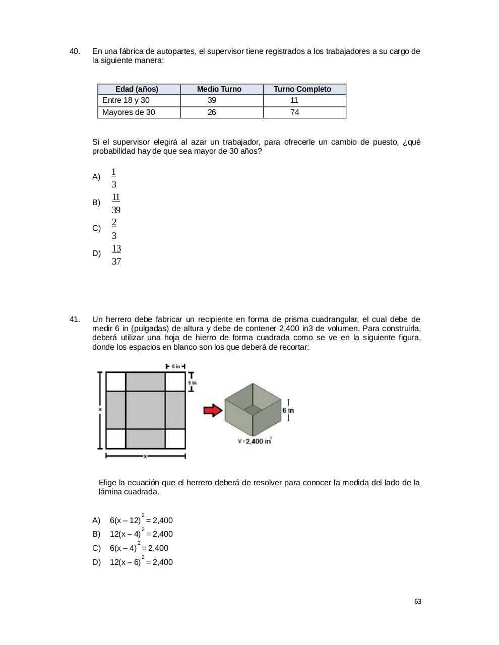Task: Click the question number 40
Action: (74, 51)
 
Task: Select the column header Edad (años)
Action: (137, 89)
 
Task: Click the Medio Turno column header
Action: (219, 89)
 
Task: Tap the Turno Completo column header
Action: (302, 89)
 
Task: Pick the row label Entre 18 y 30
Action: (126, 100)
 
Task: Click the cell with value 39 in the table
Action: (212, 100)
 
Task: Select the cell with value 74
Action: (294, 112)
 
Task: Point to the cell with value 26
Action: (212, 112)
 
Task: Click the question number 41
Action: (74, 319)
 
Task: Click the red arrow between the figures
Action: (213, 410)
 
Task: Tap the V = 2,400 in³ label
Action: (255, 441)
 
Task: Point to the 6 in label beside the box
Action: (288, 410)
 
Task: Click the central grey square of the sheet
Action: (145, 410)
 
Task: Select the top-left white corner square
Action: (115, 381)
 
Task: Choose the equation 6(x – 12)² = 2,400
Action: (141, 520)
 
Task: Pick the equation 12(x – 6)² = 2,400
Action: (141, 562)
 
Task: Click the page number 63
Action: (417, 602)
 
